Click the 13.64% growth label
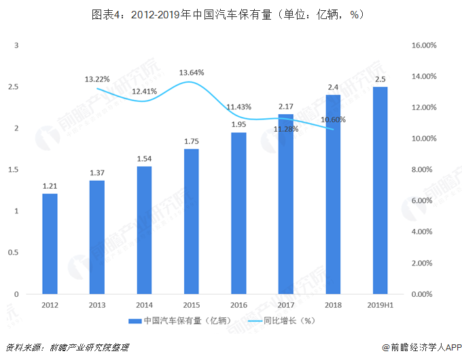(192, 72)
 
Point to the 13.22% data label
(97, 79)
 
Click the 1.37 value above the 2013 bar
(97, 173)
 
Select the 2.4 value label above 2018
(334, 87)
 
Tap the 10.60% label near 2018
(334, 120)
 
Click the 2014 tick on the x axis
(144, 306)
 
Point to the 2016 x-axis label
(238, 306)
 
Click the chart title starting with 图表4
(231, 14)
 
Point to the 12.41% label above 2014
(144, 91)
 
